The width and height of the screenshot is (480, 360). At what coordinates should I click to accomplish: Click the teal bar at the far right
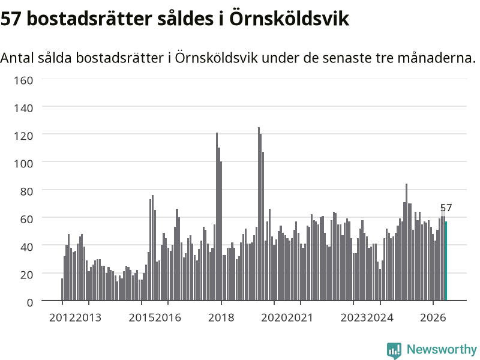pos(446,260)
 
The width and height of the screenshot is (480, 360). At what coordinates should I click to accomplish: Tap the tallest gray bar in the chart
pos(259,214)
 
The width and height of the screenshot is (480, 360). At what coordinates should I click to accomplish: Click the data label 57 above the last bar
pos(446,208)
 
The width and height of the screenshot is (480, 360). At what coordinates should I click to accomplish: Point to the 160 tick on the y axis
pos(23,80)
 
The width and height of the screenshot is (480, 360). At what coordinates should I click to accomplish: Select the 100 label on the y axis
pos(23,163)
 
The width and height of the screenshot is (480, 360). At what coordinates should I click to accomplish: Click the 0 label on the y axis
pos(29,303)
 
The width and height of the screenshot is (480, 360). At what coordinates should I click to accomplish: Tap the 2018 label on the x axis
pos(221,317)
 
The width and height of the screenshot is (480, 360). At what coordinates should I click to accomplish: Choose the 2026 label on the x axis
pos(433,317)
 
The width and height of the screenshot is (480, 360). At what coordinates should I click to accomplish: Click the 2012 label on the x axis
pos(62,317)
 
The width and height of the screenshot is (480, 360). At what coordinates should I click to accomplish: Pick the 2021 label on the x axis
pos(301,317)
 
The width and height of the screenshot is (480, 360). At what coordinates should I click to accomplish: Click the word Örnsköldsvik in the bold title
pos(289,19)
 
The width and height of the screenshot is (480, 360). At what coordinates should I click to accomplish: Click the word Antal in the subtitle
pos(17,58)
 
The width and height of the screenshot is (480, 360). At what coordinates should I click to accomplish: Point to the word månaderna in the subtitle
pos(436,58)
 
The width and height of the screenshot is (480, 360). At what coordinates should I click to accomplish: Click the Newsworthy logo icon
pos(394,350)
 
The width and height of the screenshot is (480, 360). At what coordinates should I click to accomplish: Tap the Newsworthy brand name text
pos(442,349)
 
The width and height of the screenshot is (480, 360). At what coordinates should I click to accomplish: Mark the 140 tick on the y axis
pos(23,108)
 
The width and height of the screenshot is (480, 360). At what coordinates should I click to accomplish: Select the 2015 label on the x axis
pos(142,317)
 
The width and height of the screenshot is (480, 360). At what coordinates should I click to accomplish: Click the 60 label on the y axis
pos(26,219)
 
